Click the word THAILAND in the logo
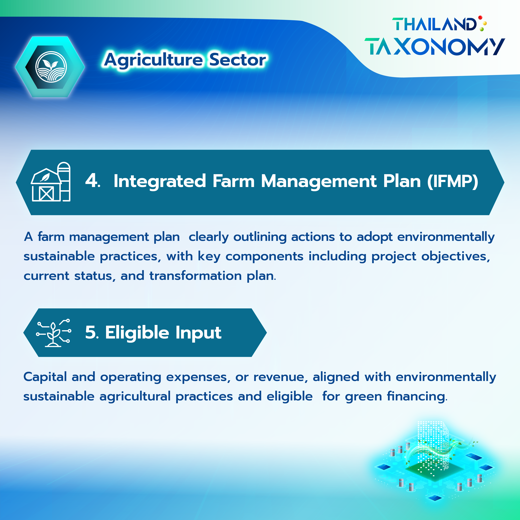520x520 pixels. [434, 24]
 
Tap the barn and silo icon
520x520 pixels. [51, 182]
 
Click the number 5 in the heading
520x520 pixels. [90, 332]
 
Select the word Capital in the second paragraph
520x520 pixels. [45, 377]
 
